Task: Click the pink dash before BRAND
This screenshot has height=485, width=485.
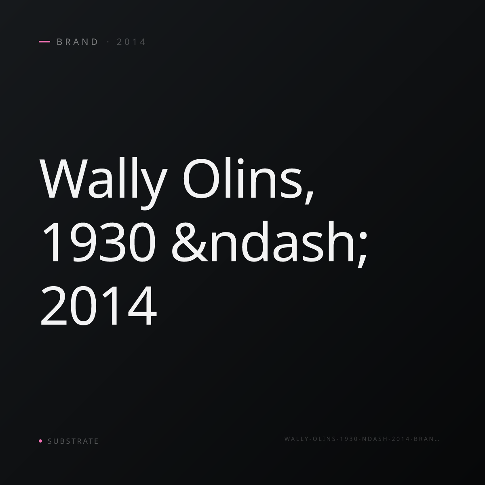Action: (44, 42)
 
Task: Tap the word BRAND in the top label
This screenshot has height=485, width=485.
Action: (77, 42)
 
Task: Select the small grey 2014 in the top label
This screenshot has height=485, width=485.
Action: (131, 42)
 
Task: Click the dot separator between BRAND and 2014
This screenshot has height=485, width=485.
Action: (108, 42)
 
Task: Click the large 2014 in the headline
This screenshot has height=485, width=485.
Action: (98, 306)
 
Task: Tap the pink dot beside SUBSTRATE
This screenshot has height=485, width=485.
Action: (40, 441)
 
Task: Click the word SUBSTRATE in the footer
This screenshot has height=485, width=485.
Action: (73, 441)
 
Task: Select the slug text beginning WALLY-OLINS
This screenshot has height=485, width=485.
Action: (362, 439)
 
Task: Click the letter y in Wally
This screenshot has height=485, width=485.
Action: (154, 189)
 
